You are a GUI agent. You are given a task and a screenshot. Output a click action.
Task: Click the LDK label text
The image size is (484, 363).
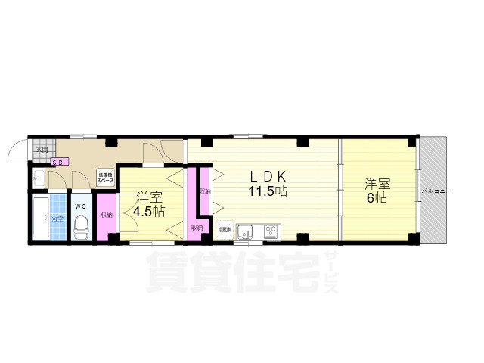click(x=268, y=176)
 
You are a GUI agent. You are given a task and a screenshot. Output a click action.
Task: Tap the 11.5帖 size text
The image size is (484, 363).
click(x=268, y=191)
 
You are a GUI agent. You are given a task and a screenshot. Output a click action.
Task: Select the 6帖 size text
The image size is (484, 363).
click(x=377, y=198)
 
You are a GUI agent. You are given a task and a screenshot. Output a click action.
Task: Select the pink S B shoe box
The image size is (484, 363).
click(x=57, y=160)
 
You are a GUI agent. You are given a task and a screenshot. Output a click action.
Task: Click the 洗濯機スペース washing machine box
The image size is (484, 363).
click(x=105, y=179)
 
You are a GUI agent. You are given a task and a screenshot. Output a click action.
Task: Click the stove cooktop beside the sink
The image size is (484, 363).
click(x=269, y=231)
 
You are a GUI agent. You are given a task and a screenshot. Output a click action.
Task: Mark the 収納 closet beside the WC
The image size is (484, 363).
click(x=107, y=216)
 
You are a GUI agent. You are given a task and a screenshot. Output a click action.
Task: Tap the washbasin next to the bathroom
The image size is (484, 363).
click(x=37, y=179)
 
